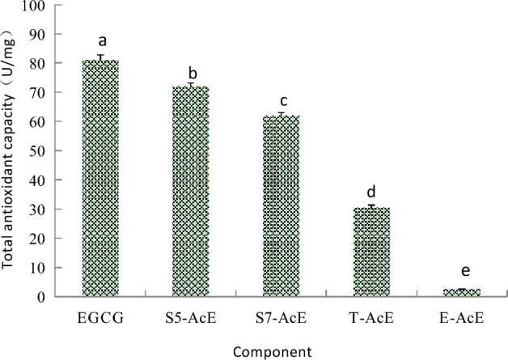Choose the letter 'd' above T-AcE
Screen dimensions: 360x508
tap(372, 193)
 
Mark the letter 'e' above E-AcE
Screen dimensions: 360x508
tap(462, 273)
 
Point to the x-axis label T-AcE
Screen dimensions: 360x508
tap(371, 316)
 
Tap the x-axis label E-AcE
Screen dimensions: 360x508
tap(461, 316)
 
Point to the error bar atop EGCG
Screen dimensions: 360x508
tap(101, 57)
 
